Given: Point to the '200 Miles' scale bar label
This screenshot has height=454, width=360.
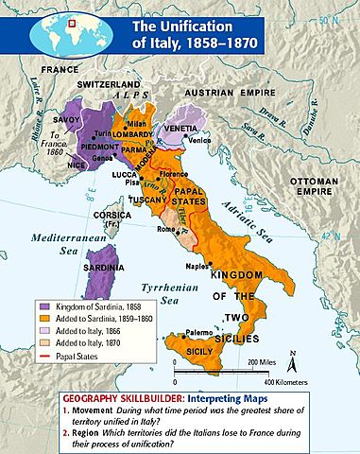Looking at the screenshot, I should (270, 362).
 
